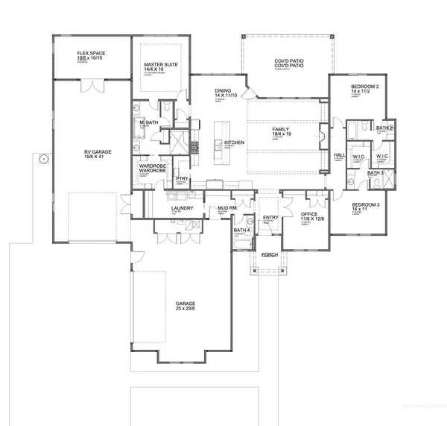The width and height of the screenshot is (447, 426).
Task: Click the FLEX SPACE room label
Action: tap(91, 54)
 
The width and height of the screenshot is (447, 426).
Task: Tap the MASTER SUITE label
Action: tap(158, 66)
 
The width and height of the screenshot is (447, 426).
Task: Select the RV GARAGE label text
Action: tap(97, 151)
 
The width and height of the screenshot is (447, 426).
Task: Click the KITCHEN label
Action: tap(235, 141)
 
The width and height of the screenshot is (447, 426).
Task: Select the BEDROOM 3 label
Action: tap(366, 204)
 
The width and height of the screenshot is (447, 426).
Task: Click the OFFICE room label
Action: tap(308, 213)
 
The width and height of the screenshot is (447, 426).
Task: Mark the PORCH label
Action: tap(269, 254)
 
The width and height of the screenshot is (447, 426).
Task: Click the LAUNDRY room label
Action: tap(183, 208)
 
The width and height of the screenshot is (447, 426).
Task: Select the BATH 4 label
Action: tap(242, 230)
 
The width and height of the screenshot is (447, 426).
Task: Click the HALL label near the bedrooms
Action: tap(339, 154)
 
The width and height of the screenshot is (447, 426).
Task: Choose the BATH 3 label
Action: tap(375, 173)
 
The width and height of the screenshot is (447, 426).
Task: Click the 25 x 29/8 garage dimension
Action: tap(186, 308)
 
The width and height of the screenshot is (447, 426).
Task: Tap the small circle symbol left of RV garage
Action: tap(43, 159)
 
